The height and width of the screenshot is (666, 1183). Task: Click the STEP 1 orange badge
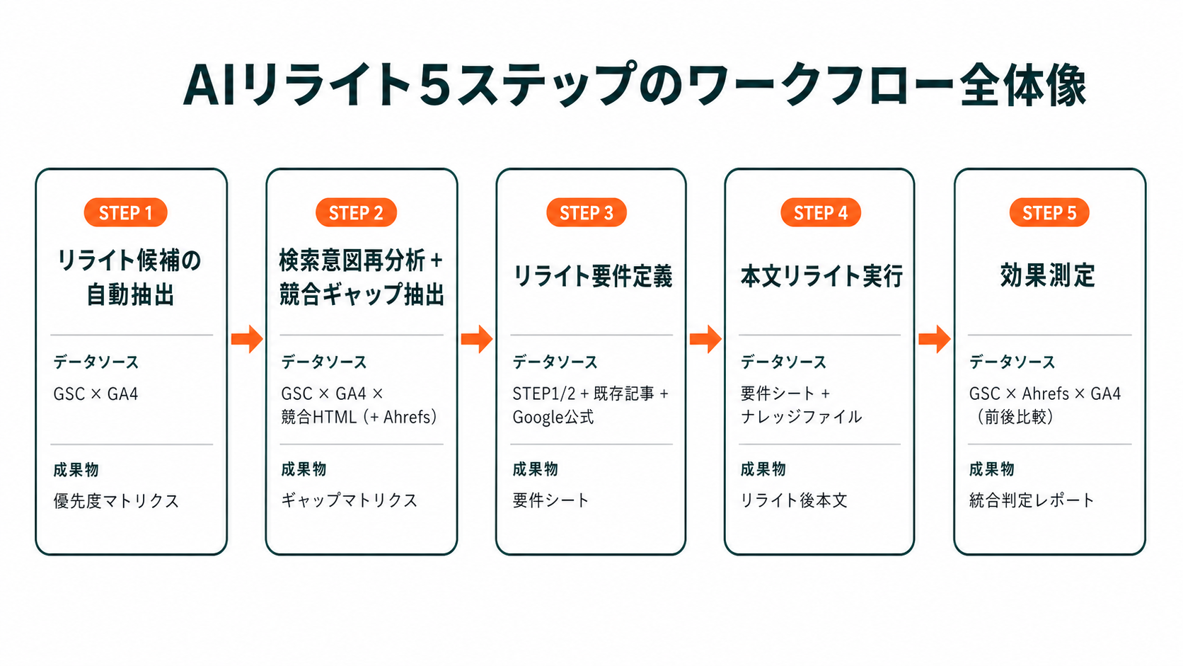pos(125,213)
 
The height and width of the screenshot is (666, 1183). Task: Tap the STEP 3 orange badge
pos(587,213)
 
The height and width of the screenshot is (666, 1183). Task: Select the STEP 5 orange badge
pos(1049,213)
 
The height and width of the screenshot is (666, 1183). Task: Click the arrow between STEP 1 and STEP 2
pos(247,339)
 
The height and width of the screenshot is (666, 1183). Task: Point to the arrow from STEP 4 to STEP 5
pos(935,339)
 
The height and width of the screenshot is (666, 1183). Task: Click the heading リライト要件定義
pos(592,276)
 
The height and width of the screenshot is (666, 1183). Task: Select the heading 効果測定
pos(1048,275)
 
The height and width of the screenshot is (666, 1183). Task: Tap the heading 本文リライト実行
pos(821,276)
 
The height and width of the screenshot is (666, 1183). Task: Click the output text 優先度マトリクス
pos(116,501)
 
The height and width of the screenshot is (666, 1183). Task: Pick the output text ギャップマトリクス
pos(350,500)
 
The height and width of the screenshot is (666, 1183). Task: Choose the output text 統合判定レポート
pos(1032,500)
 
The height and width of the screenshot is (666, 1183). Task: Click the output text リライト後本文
pos(794,500)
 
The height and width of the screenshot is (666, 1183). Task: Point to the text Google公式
pos(553,418)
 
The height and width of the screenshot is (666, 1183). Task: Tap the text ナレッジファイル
pos(802,417)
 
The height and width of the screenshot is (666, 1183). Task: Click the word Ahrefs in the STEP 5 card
pos(1045,394)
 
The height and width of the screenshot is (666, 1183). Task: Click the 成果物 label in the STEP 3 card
pos(536,469)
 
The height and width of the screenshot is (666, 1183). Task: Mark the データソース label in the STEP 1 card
pos(96,362)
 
